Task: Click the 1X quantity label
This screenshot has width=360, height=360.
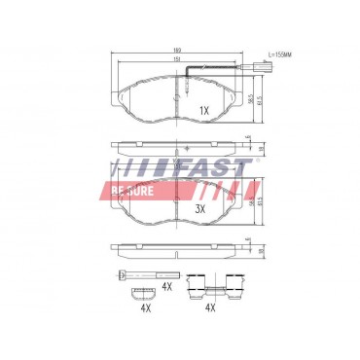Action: click(204, 110)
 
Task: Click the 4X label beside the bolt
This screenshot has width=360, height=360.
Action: click(166, 286)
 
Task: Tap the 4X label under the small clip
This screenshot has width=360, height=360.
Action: click(145, 308)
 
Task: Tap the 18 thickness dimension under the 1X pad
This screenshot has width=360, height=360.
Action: click(250, 146)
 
